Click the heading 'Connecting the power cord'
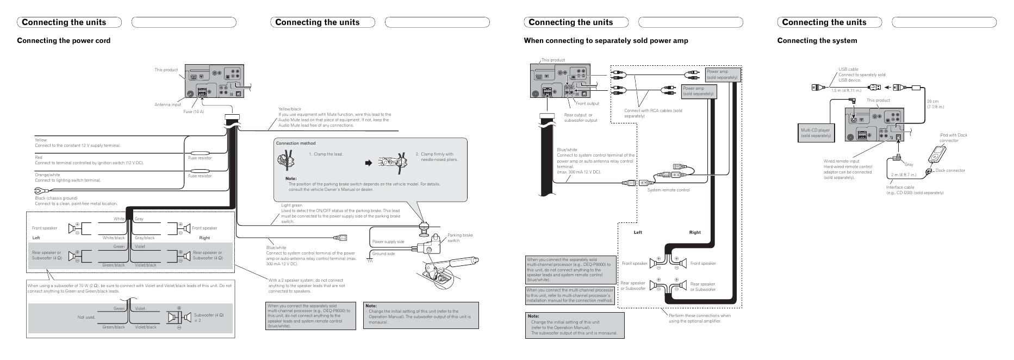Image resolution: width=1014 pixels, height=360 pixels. (x=64, y=40)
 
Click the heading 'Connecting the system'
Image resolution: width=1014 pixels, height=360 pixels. (x=817, y=40)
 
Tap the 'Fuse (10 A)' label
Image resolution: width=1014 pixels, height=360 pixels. (x=194, y=111)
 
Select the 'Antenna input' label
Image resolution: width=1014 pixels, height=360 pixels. (x=167, y=104)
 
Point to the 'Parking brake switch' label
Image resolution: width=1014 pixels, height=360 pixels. (x=459, y=238)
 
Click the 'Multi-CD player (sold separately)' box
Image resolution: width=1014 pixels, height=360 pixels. (x=816, y=133)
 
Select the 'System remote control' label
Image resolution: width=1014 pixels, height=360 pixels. (x=668, y=190)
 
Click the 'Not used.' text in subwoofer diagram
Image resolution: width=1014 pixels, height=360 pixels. (x=86, y=317)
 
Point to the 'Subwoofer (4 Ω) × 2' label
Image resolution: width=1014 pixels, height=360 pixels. (x=209, y=318)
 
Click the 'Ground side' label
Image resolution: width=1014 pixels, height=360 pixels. (x=383, y=253)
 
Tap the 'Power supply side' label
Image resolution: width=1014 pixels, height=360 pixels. (x=388, y=241)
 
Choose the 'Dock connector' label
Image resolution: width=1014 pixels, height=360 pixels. (x=950, y=170)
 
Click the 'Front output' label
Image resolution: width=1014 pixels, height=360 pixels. (x=587, y=103)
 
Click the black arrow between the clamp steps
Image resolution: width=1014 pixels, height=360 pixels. (x=368, y=162)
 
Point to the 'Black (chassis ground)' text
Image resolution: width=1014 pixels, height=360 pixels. (x=56, y=198)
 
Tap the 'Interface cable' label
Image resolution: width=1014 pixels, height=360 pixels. (x=900, y=187)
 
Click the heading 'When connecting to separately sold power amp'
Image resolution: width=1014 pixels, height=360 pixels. (x=606, y=40)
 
